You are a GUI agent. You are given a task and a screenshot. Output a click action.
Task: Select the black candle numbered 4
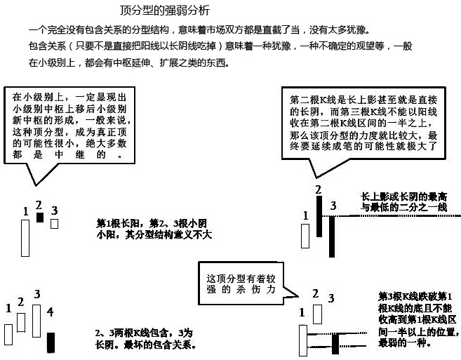pyautogui.click(x=51, y=342)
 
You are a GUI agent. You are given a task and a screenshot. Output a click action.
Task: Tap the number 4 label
pyautogui.click(x=50, y=310)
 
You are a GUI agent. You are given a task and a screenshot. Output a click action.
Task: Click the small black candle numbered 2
pyautogui.click(x=39, y=218)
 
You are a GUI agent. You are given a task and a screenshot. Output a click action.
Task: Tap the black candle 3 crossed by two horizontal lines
pyautogui.click(x=335, y=342)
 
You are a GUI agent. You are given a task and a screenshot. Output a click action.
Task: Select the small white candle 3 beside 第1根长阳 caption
pyautogui.click(x=54, y=224)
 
